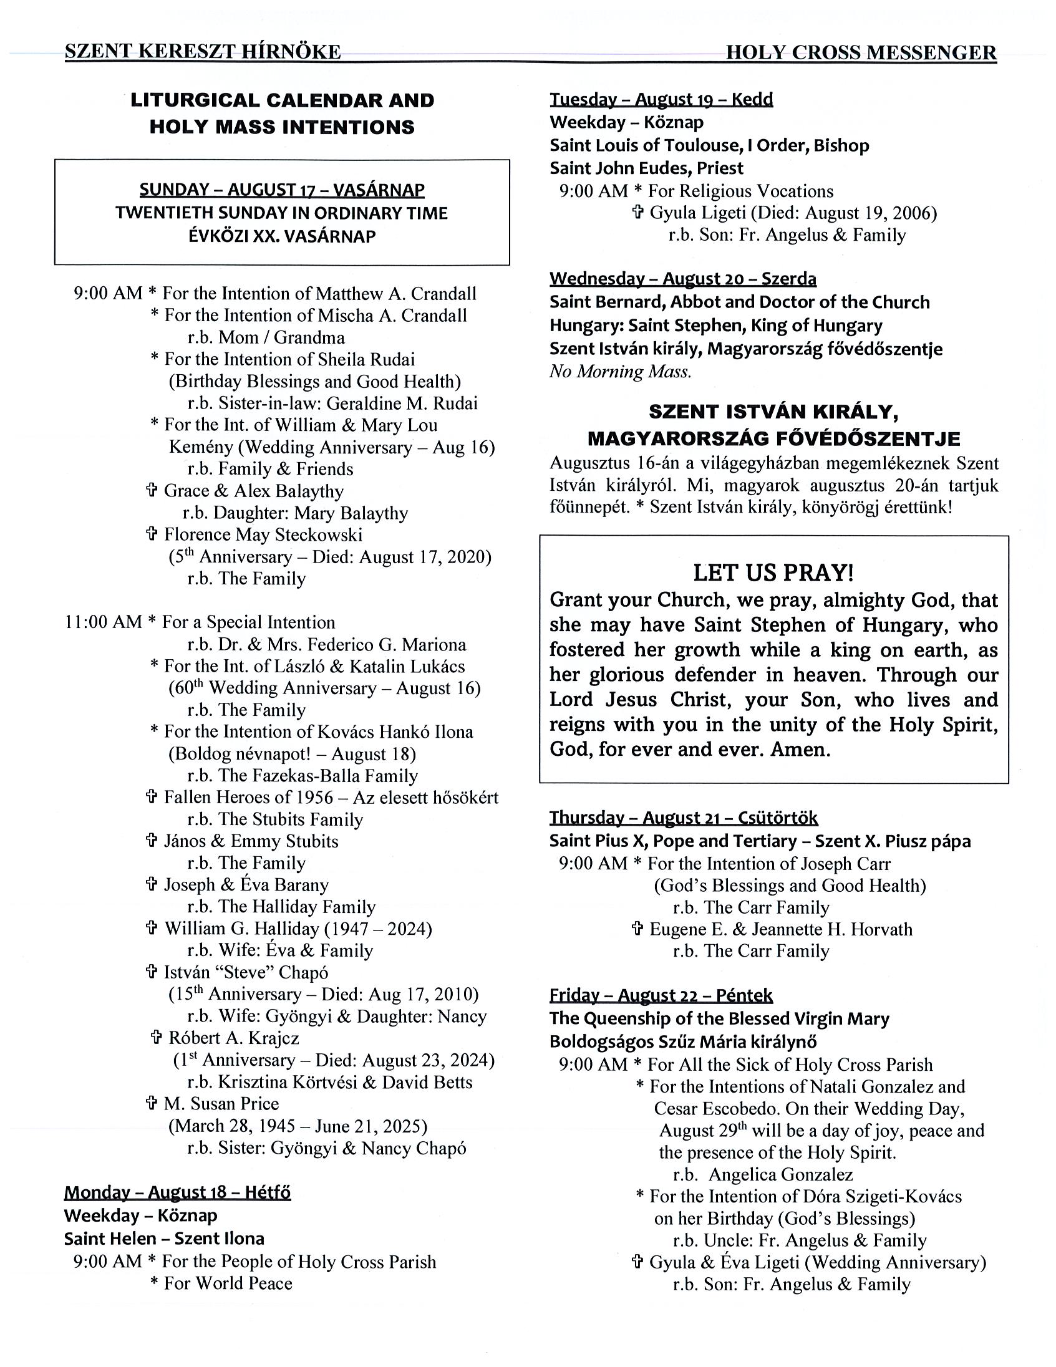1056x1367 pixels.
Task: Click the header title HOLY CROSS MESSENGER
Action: (861, 52)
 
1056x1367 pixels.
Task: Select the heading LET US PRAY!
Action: (773, 572)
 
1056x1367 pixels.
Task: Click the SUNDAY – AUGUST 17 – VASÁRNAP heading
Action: (282, 190)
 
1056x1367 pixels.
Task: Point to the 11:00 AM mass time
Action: (104, 622)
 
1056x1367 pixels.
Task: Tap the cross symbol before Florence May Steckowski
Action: (151, 534)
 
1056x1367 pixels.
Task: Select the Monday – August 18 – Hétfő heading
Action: (177, 1192)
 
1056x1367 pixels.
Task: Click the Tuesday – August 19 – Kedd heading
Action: (661, 100)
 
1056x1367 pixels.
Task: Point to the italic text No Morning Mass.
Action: (621, 372)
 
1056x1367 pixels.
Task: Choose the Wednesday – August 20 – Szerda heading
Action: (683, 279)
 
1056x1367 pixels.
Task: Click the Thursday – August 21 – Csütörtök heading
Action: (684, 818)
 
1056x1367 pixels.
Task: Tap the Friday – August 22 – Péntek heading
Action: (661, 995)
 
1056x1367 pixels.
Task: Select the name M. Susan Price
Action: (221, 1103)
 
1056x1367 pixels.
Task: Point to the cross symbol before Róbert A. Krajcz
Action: (157, 1038)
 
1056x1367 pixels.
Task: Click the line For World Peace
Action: (228, 1283)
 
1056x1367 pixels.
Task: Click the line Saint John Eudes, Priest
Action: (647, 168)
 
